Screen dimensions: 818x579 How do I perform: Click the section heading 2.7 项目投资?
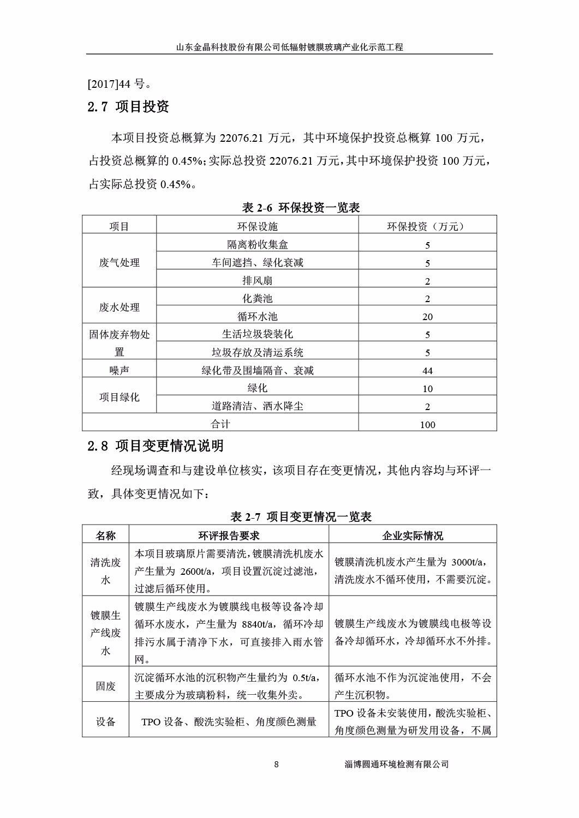tap(129, 106)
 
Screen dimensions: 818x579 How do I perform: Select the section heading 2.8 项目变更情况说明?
tap(156, 446)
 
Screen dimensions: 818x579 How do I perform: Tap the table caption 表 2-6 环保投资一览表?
tap(301, 208)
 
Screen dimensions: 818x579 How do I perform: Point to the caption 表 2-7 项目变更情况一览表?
tap(301, 516)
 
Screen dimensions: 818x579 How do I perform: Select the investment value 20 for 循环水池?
tap(427, 317)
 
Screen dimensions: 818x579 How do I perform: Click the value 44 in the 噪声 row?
tap(427, 371)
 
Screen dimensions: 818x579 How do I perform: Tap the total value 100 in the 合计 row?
tap(427, 424)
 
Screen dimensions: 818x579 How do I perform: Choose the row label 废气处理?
tap(119, 263)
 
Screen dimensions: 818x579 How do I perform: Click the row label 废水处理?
tap(119, 308)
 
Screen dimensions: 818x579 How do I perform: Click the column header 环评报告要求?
tap(229, 536)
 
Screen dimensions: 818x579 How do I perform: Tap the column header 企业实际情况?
tap(413, 536)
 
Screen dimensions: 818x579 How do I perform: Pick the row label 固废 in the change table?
tap(106, 686)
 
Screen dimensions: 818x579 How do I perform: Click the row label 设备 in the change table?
tap(106, 721)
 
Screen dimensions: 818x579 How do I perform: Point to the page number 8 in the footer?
tap(276, 765)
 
